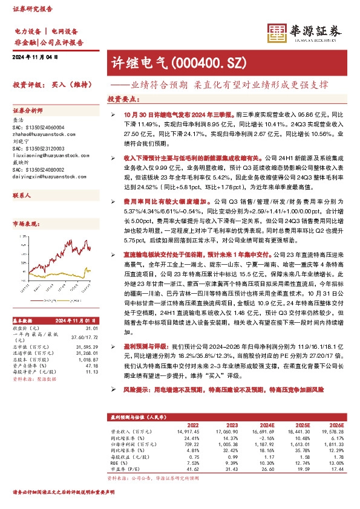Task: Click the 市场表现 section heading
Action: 28,224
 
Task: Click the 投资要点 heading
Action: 122,98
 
